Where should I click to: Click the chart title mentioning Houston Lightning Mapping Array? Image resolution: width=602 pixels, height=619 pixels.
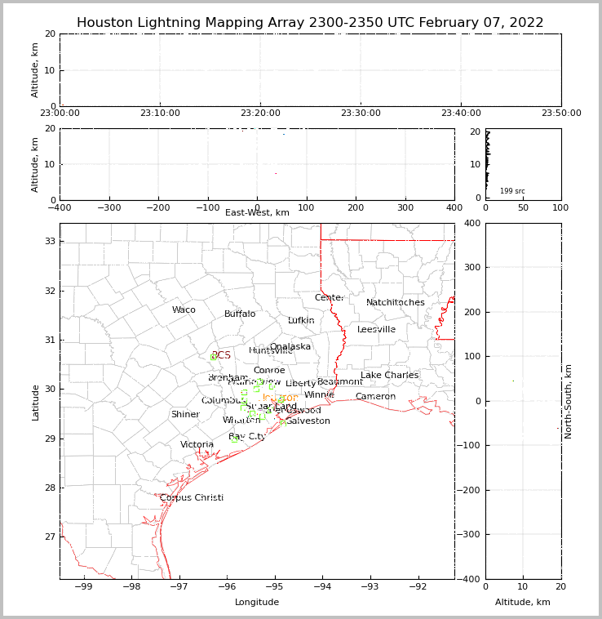click(x=310, y=23)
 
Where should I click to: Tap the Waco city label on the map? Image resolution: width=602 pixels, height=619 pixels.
click(x=184, y=310)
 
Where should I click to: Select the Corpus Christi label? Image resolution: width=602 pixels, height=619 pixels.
click(x=192, y=498)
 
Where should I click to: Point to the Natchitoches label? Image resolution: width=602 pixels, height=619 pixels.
click(x=396, y=303)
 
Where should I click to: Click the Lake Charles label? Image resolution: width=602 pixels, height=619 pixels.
click(x=390, y=376)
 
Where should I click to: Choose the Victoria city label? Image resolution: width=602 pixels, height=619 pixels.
click(x=197, y=445)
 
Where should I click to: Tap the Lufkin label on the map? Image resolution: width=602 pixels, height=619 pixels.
click(x=301, y=321)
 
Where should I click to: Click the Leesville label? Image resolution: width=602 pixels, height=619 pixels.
click(x=376, y=330)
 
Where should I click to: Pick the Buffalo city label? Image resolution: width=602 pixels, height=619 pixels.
click(x=240, y=314)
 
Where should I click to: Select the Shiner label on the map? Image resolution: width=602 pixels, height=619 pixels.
click(x=185, y=415)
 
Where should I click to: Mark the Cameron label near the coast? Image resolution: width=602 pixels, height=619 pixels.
click(x=375, y=397)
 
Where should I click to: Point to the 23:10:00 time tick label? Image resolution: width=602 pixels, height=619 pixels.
click(x=160, y=114)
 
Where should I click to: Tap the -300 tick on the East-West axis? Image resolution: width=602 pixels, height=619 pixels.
click(x=108, y=208)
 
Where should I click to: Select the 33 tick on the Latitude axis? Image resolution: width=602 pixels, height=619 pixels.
click(x=48, y=241)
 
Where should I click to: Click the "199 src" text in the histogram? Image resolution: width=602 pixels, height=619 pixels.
click(x=512, y=191)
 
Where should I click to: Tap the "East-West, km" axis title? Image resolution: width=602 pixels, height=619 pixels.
click(x=257, y=213)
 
